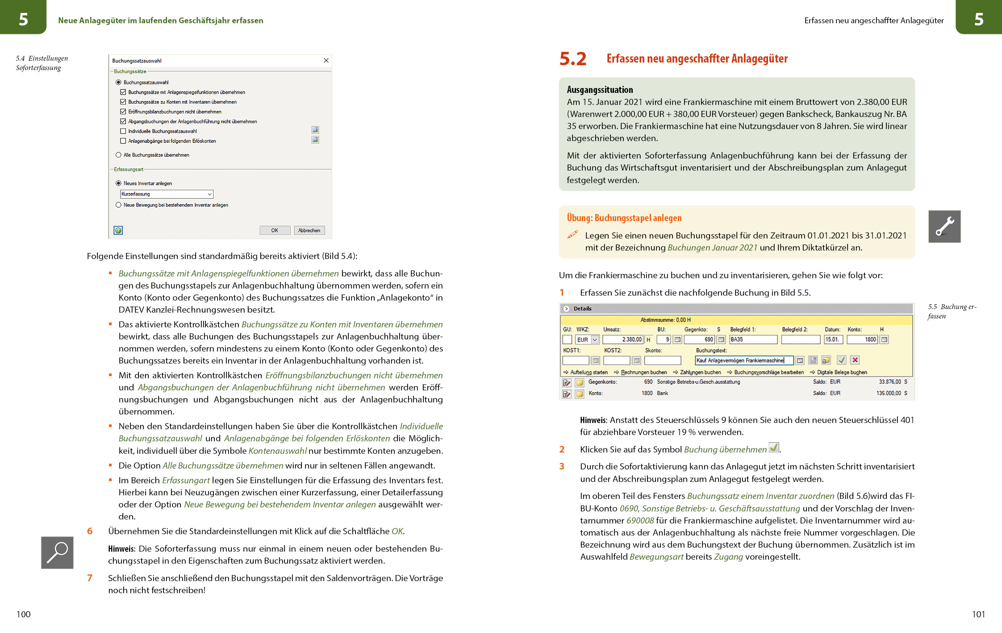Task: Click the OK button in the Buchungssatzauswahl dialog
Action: tap(275, 231)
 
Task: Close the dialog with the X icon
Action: tap(326, 61)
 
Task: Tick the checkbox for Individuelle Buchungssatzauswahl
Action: tap(123, 131)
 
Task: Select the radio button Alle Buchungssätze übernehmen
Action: tap(118, 155)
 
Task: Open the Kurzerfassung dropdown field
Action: tap(167, 194)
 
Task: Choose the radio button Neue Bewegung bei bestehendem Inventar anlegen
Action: tap(118, 205)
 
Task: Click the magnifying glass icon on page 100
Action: tap(57, 553)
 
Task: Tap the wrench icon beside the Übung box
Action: tap(944, 226)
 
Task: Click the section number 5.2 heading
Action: tap(572, 59)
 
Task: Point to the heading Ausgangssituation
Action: tap(600, 90)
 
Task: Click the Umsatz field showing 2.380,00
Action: tap(622, 340)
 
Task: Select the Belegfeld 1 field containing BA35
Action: tap(753, 340)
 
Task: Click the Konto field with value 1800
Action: tap(862, 340)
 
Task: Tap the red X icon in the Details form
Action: tap(855, 360)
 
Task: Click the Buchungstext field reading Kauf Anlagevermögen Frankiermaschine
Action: tap(744, 361)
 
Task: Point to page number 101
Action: tap(978, 614)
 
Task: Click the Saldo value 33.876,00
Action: tap(889, 382)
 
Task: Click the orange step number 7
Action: tap(90, 578)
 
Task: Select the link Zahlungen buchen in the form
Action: tap(700, 372)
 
